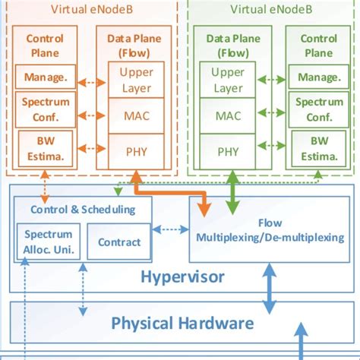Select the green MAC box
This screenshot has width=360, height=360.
229,115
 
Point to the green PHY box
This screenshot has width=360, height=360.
229,150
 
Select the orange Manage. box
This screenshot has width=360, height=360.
45,77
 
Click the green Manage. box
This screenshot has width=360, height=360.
314,77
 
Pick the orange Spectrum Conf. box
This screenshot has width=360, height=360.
45,109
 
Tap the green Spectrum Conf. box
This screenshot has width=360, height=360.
314,109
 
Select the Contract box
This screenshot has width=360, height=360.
119,242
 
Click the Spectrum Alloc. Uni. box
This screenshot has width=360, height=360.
49,242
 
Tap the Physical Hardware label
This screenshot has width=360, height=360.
182,324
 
